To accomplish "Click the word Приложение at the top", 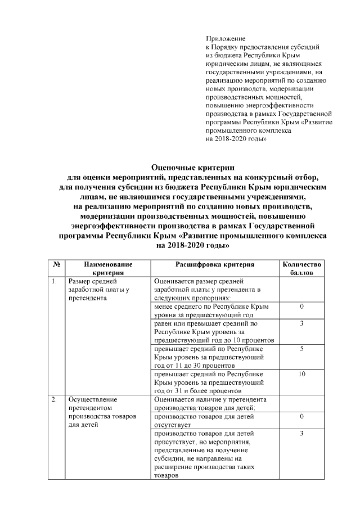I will pos(223,38).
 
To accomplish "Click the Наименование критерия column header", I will pos(108,268).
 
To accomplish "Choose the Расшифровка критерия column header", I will pos(215,264).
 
